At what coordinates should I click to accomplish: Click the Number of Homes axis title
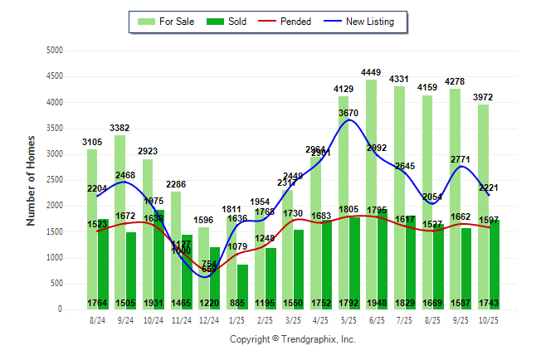[31, 180]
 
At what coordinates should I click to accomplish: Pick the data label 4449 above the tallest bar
[370, 71]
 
